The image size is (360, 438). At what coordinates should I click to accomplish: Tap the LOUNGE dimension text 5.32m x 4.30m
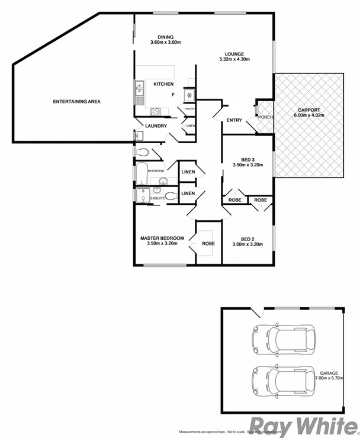point(235,60)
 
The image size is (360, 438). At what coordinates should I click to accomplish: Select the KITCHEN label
point(163,85)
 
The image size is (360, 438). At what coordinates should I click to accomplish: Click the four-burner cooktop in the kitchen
point(157,111)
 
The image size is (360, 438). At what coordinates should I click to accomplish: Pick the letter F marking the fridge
point(173,95)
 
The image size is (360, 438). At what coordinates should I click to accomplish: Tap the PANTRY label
point(189,109)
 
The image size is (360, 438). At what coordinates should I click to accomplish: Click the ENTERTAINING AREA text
point(76,102)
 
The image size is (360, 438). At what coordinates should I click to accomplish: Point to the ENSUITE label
point(157,198)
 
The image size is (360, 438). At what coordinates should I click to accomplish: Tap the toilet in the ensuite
point(171,196)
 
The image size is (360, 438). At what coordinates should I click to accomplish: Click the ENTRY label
point(234,121)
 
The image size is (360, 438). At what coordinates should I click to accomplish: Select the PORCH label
point(266,117)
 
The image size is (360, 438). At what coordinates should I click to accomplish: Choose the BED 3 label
point(247,160)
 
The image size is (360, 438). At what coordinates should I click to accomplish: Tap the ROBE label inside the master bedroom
point(208,243)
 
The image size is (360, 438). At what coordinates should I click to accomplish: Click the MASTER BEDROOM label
point(162,239)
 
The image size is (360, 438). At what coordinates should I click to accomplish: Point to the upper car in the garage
point(282,339)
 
